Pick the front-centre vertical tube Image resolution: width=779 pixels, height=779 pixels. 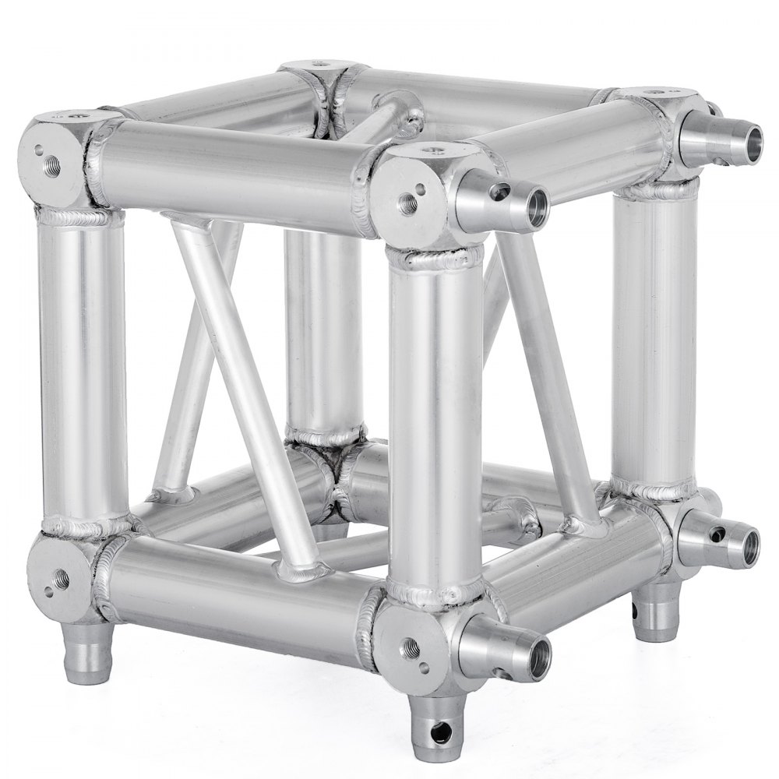[434, 421]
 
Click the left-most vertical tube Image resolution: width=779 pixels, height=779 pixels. [82, 366]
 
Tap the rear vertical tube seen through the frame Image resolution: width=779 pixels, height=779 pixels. [321, 327]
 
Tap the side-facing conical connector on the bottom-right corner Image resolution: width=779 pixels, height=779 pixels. [721, 541]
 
